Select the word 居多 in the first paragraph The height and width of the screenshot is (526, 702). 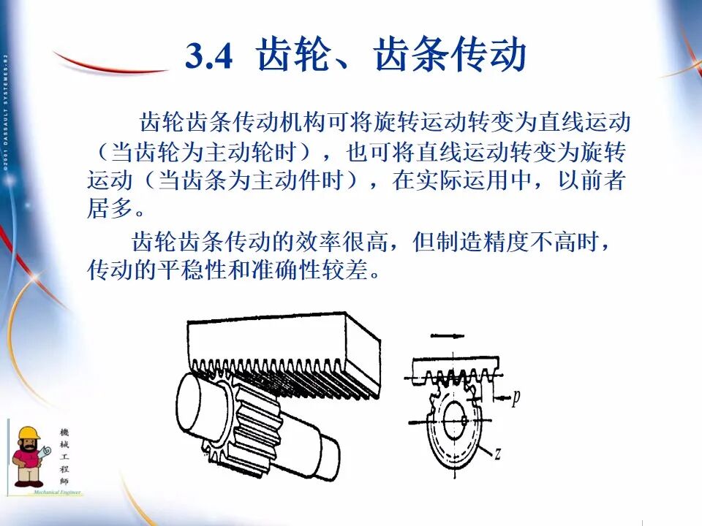coord(111,209)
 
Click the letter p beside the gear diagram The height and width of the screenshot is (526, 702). coord(516,397)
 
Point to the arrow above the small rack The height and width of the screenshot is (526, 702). coord(447,335)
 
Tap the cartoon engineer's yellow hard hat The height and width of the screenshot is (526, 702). coord(29,435)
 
